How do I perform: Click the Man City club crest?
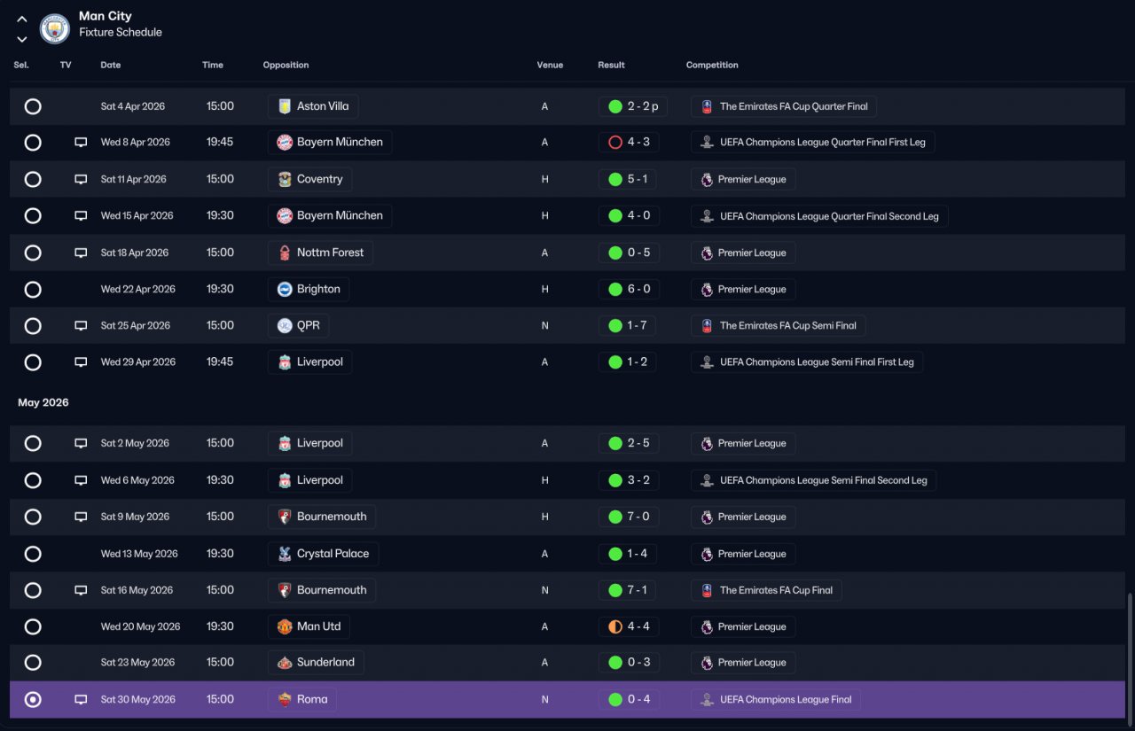point(55,28)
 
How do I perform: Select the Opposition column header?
point(286,65)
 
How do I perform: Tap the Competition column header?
point(712,65)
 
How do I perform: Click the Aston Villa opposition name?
point(323,106)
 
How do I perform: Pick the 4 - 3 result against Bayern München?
point(638,143)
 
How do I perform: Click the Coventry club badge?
point(285,179)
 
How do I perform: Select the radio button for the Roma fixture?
point(33,700)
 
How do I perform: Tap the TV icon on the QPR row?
point(81,325)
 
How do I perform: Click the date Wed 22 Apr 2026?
point(137,289)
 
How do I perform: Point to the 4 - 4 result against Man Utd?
point(638,626)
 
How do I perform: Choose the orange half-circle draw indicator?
point(615,626)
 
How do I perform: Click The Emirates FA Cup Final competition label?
point(776,590)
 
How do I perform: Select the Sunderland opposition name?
point(325,662)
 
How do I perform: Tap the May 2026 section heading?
point(43,402)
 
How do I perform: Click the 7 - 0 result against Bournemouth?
point(638,517)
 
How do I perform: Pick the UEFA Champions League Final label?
point(786,700)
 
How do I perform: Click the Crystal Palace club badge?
point(285,554)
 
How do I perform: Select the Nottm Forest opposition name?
point(330,253)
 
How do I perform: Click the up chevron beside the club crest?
point(22,19)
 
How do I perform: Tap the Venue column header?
point(550,65)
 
